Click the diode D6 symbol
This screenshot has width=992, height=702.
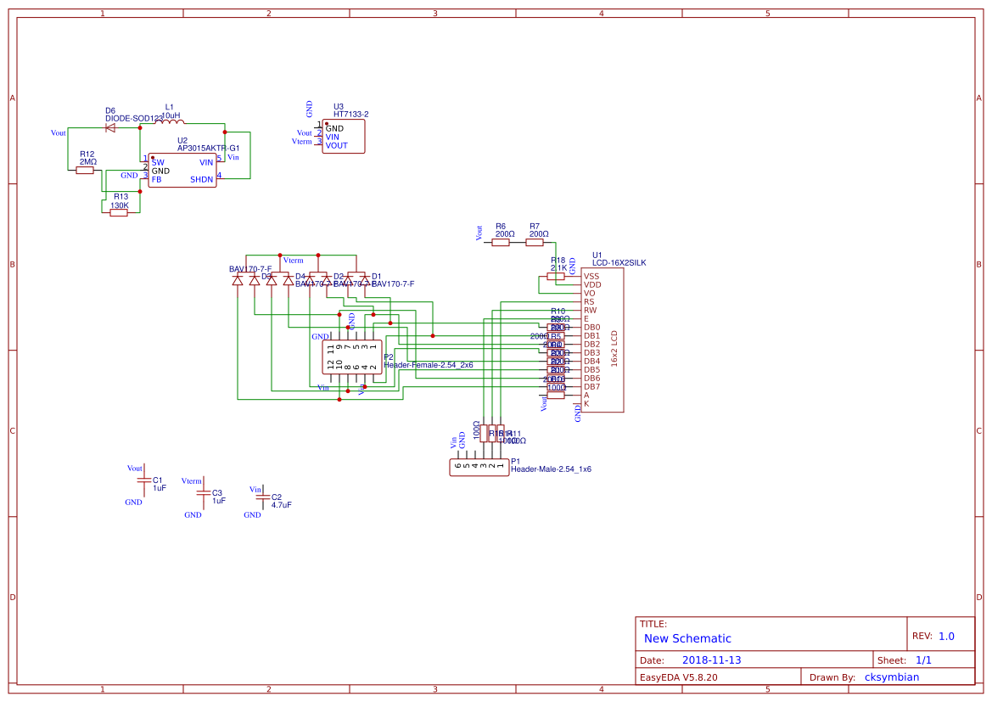(x=110, y=127)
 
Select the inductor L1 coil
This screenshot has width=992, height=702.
(x=170, y=121)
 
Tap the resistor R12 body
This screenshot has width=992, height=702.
(x=85, y=170)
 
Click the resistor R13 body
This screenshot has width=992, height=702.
(x=119, y=212)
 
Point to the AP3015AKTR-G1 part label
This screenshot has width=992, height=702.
(x=208, y=148)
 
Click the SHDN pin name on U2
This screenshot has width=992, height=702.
(x=202, y=179)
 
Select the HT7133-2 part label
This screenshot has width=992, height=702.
(x=351, y=114)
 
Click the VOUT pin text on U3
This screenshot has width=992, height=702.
(x=337, y=145)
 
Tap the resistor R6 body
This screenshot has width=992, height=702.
(x=501, y=242)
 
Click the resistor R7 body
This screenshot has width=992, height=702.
(x=535, y=242)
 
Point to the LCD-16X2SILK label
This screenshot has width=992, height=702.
(x=619, y=263)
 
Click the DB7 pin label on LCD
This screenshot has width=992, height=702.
(x=591, y=386)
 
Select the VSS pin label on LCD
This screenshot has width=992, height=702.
(x=591, y=276)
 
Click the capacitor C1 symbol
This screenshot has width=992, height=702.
(x=143, y=483)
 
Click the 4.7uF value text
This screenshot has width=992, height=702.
(x=281, y=504)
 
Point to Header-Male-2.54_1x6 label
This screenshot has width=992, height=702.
(x=551, y=469)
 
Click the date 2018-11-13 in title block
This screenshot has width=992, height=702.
(x=711, y=660)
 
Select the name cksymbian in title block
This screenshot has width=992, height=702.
(x=891, y=677)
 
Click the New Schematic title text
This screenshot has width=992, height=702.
(x=687, y=638)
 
